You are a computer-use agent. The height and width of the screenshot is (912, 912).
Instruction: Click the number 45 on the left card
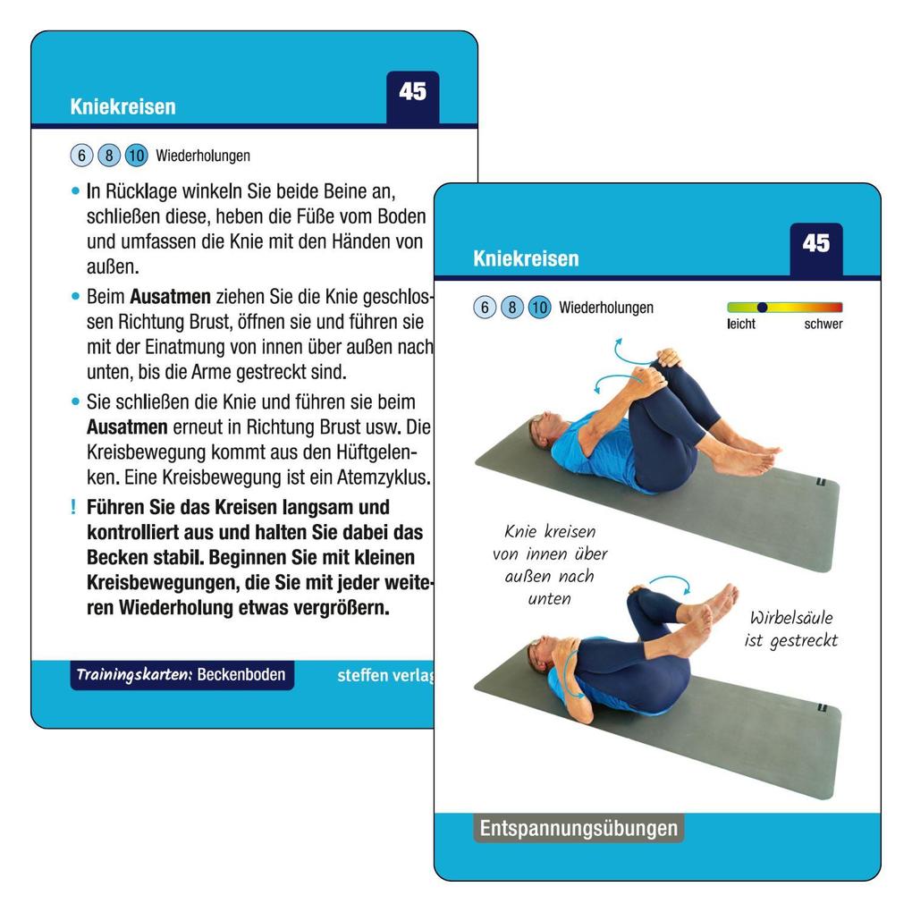click(x=412, y=92)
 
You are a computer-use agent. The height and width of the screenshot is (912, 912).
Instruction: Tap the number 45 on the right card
click(x=815, y=244)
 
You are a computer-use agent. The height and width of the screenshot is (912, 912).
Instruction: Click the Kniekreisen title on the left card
click(x=122, y=107)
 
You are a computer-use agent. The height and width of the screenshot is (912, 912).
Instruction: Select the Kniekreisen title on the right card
click(x=526, y=259)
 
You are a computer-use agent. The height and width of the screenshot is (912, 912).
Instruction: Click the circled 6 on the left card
click(x=81, y=156)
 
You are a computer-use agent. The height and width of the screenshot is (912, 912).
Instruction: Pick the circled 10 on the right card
click(x=538, y=308)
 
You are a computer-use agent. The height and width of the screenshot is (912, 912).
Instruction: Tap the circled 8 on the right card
click(x=511, y=308)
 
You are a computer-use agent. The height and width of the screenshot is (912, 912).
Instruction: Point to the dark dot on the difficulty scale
click(x=762, y=307)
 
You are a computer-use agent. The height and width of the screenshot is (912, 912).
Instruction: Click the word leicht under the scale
click(x=741, y=325)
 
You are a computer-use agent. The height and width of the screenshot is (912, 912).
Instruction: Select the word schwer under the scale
click(x=823, y=325)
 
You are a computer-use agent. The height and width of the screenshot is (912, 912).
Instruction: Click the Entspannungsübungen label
click(x=578, y=829)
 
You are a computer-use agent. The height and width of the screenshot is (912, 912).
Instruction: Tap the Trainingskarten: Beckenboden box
click(x=182, y=674)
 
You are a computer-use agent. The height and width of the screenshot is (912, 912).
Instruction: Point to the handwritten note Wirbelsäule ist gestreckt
click(x=790, y=629)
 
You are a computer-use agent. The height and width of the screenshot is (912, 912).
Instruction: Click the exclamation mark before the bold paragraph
click(x=73, y=508)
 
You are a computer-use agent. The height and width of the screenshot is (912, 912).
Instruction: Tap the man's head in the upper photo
click(x=543, y=430)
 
